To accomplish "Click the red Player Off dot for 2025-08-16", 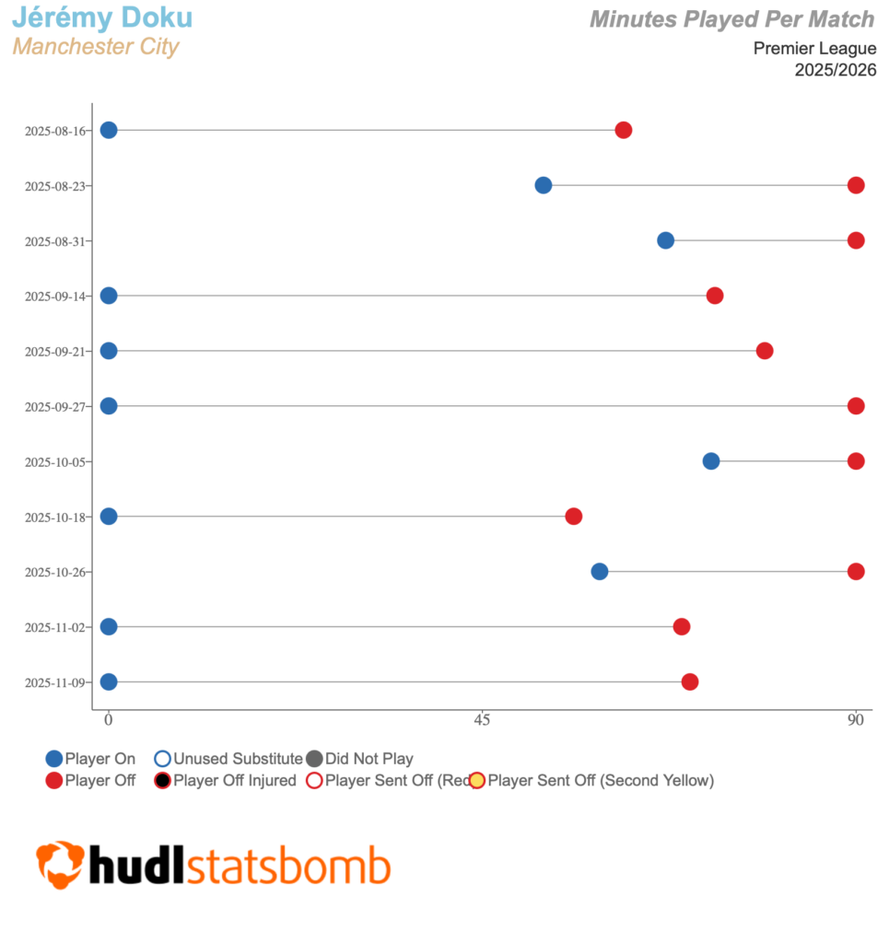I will point(624,130).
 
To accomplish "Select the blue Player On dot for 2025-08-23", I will point(544,185).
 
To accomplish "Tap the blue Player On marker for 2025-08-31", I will point(665,240).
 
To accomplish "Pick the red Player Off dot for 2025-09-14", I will point(715,296).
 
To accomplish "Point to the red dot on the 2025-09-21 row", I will point(765,351).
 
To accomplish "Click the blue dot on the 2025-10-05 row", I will point(711,461).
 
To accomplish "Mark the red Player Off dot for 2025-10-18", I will point(574,517).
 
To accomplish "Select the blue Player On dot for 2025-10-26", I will point(600,572).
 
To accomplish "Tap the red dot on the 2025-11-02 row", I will point(682,627).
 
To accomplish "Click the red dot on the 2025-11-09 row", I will point(690,682).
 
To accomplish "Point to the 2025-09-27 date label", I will point(55,407).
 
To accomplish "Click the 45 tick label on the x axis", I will point(482,720).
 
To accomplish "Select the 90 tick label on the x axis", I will point(856,720).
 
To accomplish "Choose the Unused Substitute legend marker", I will point(162,759).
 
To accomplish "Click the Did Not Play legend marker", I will point(314,759).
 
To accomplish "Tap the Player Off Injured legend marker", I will point(162,781).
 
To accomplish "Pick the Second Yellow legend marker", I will point(477,781).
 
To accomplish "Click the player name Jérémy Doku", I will point(102,17).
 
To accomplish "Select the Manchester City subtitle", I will point(96,46).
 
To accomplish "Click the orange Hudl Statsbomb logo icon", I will point(60,865).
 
